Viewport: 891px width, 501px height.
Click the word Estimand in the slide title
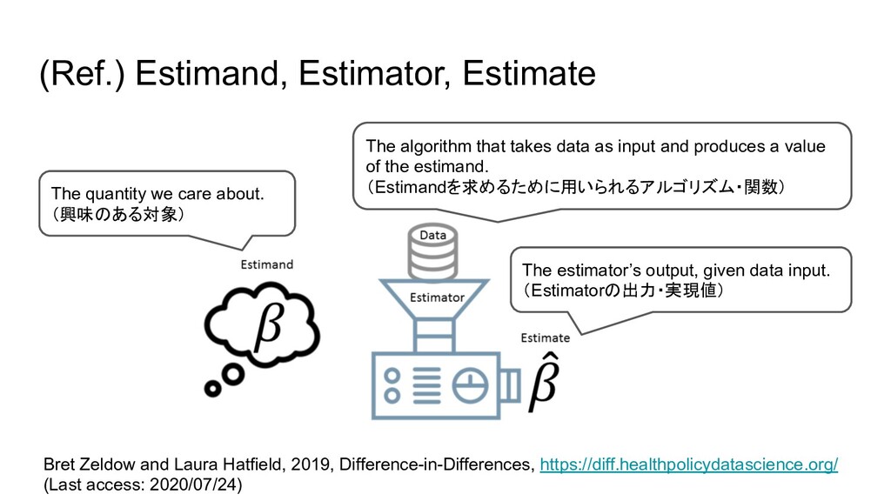209,75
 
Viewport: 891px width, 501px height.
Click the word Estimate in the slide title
529,75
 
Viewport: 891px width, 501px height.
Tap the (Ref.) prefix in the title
84,75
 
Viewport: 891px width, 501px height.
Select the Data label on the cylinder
433,235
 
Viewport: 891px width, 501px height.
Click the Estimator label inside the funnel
437,297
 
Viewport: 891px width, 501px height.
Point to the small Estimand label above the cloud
266,264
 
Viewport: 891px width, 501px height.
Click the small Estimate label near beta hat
546,337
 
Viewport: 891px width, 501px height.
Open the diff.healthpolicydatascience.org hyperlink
688,464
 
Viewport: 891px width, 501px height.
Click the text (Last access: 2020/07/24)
143,484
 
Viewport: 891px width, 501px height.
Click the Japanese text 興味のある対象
117,213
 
